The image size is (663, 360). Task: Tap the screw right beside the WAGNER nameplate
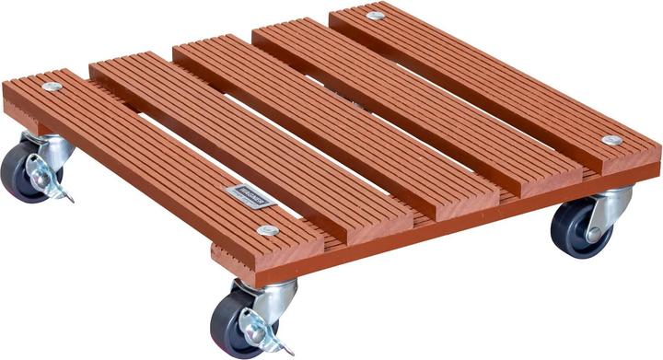(268, 230)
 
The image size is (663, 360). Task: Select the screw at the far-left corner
(51, 87)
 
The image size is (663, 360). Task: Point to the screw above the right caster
(611, 140)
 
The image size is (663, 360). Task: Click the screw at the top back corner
(376, 16)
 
